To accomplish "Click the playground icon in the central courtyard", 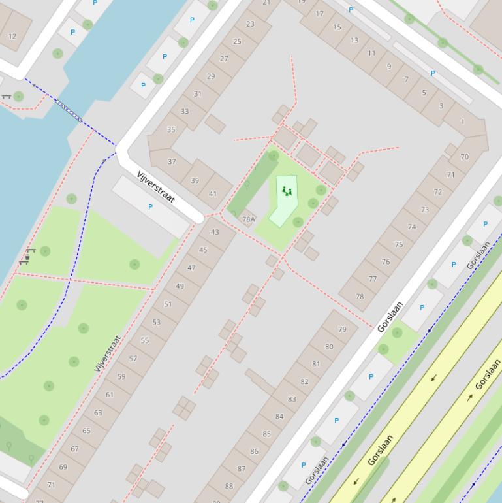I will click(x=286, y=191).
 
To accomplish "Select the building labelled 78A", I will click(x=249, y=219).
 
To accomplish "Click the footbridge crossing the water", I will click(x=69, y=111).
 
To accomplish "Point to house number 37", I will click(x=172, y=161).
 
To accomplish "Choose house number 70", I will click(x=464, y=157).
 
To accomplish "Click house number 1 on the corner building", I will click(x=463, y=122).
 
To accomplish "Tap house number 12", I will click(x=12, y=37).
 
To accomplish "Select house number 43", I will click(x=215, y=232).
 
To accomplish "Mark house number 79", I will click(x=342, y=329).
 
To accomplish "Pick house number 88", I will click(x=228, y=486).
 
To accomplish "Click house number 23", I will click(x=250, y=24).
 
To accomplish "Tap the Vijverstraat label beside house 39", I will click(x=155, y=187).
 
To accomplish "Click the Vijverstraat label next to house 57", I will click(x=108, y=353).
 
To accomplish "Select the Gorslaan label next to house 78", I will click(x=390, y=317).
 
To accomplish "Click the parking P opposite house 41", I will click(x=150, y=207).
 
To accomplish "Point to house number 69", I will click(x=63, y=467).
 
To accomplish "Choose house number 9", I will click(x=388, y=67).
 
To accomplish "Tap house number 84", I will click(x=279, y=417).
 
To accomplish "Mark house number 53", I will click(x=156, y=322).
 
